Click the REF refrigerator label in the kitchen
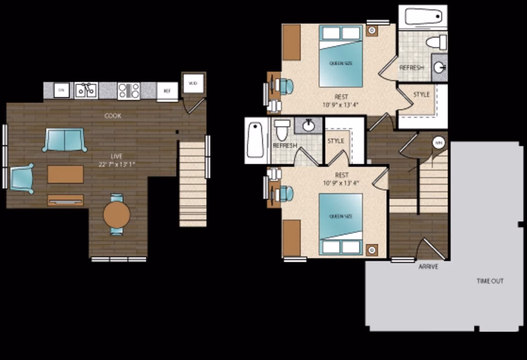coord(167,91)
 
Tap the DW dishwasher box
coord(62,90)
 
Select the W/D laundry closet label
coord(193,83)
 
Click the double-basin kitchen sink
coord(86,90)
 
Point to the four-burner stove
coord(129,91)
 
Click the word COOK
coord(113,116)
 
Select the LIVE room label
coord(116,156)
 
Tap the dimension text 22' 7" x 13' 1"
coord(116,164)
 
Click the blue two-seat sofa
coord(65,140)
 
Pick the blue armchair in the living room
coord(21,178)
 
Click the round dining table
coord(117,214)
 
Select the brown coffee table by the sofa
coord(65,174)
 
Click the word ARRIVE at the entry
coord(428,266)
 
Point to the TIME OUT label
coord(490,281)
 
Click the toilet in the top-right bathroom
coord(436,43)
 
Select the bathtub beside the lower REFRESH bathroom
coord(255,140)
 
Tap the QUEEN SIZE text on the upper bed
coord(341,63)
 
